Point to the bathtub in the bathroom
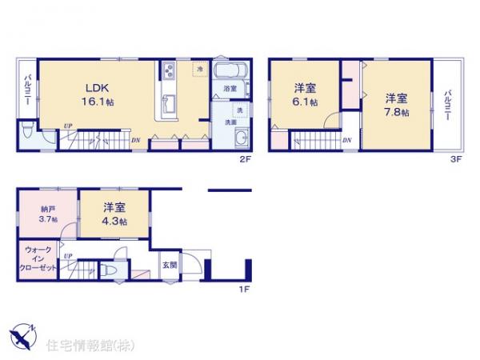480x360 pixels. [x=232, y=70]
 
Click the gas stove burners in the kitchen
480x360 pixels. [x=170, y=71]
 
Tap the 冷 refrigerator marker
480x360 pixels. [x=199, y=70]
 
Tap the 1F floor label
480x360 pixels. [x=245, y=290]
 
